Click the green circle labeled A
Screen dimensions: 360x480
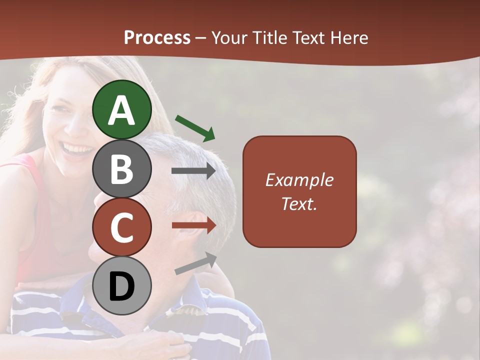click(x=122, y=109)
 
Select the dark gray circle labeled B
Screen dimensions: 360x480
click(x=122, y=168)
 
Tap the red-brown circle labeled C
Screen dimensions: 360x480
click(x=122, y=227)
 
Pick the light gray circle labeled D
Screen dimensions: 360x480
click(x=122, y=285)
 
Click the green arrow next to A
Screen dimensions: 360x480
click(x=195, y=127)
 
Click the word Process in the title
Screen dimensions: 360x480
click(x=157, y=38)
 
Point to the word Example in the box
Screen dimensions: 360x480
click(x=299, y=180)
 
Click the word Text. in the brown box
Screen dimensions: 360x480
click(x=299, y=203)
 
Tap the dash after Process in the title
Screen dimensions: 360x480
click(x=200, y=38)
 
